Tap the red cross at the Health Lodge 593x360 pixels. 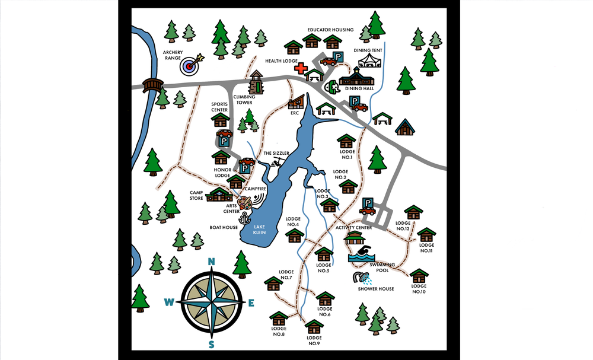301,68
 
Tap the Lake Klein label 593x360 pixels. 259,230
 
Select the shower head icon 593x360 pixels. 361,277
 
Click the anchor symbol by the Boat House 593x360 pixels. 244,218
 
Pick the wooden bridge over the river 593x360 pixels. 152,85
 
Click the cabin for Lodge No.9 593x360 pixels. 314,327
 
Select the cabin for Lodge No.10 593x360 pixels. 419,276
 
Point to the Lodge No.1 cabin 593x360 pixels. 346,141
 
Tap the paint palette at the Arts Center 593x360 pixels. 244,202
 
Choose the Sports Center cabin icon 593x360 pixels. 221,120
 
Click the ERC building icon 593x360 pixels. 296,102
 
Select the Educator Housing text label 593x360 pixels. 330,30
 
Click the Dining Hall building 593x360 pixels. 357,77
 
